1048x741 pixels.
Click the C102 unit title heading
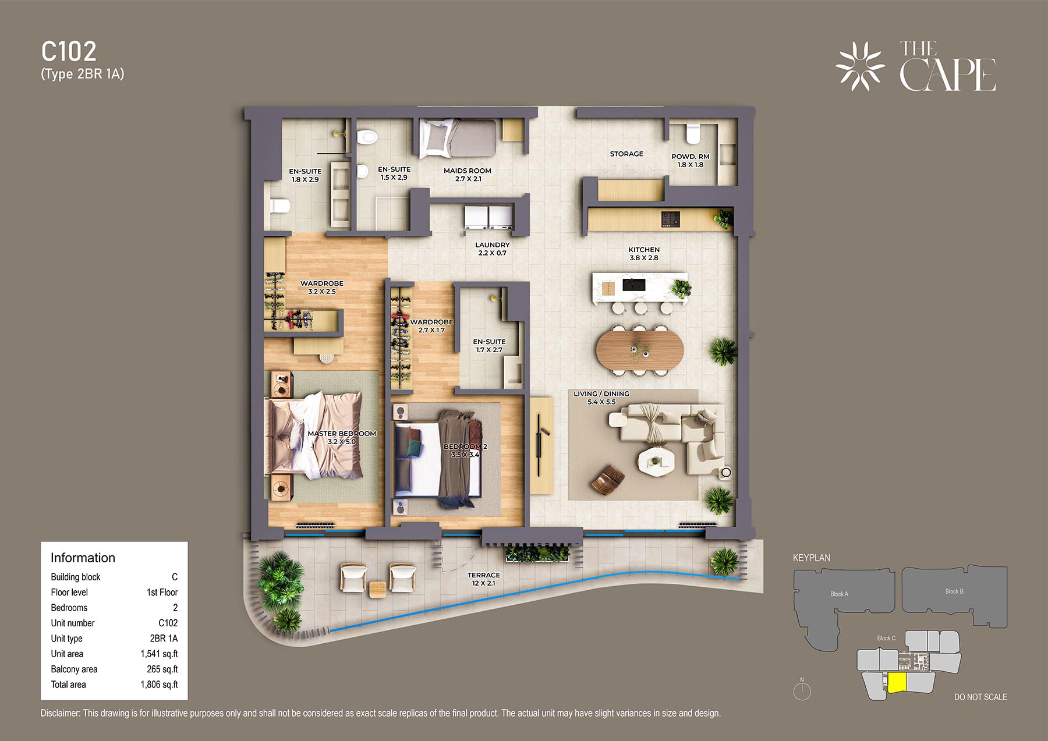69,51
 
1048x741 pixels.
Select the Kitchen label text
644,249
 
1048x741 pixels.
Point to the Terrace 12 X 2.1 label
483,579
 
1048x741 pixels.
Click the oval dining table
639,349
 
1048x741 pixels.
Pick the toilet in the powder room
693,133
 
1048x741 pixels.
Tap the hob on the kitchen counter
670,219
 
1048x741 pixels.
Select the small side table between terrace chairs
378,589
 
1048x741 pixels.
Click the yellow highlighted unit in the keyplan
897,682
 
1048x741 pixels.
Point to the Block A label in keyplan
839,594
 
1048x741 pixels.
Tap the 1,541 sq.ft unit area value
159,654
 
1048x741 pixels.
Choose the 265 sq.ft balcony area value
162,669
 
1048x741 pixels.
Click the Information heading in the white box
83,558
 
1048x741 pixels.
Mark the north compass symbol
802,690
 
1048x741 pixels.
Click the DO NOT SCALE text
980,697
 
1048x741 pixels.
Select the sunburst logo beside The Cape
860,66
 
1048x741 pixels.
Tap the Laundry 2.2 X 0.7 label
492,249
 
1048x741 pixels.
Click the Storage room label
626,154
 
